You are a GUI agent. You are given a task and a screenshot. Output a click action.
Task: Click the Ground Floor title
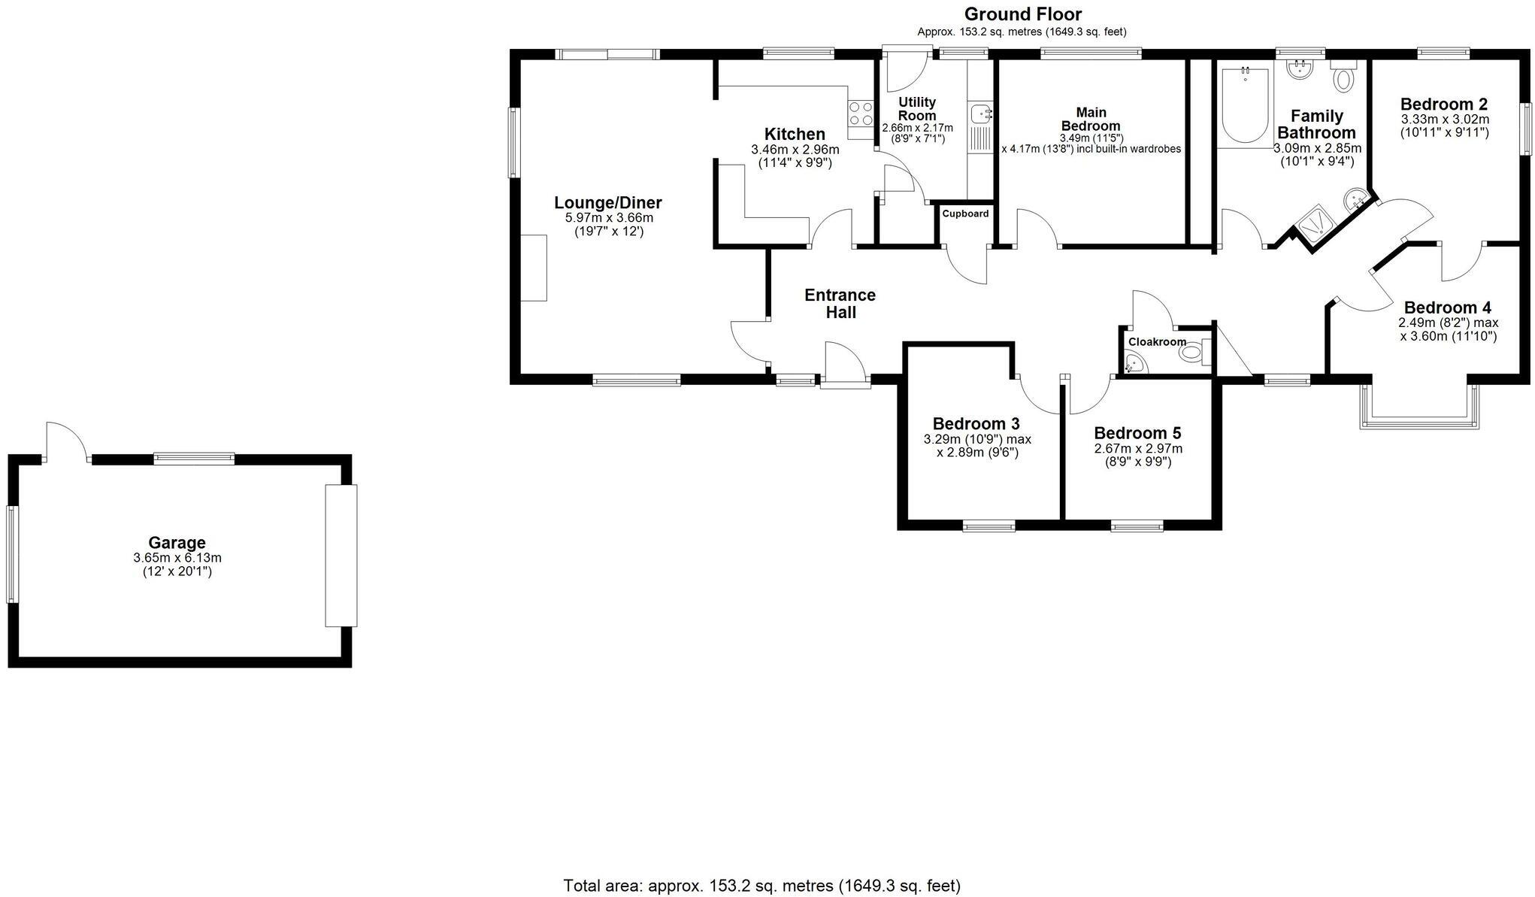[1022, 14]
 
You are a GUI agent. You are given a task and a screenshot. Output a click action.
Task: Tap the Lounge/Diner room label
[607, 202]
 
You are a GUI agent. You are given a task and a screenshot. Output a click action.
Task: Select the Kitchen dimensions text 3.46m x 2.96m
[795, 150]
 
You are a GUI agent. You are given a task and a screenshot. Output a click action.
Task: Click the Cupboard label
[965, 214]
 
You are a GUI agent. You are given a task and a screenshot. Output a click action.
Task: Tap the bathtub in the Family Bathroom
[1245, 105]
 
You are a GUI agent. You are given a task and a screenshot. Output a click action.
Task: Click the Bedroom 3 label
[976, 423]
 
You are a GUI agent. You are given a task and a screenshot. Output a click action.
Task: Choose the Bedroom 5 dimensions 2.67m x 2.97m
[1137, 449]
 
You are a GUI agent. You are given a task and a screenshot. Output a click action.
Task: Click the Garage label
[177, 542]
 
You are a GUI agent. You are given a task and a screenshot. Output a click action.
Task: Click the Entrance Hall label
[840, 303]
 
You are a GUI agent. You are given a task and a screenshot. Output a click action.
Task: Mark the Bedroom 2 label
[1443, 104]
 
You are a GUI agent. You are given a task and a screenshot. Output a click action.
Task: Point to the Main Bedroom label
[1090, 119]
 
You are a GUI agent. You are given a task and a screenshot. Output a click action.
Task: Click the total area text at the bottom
[761, 885]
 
